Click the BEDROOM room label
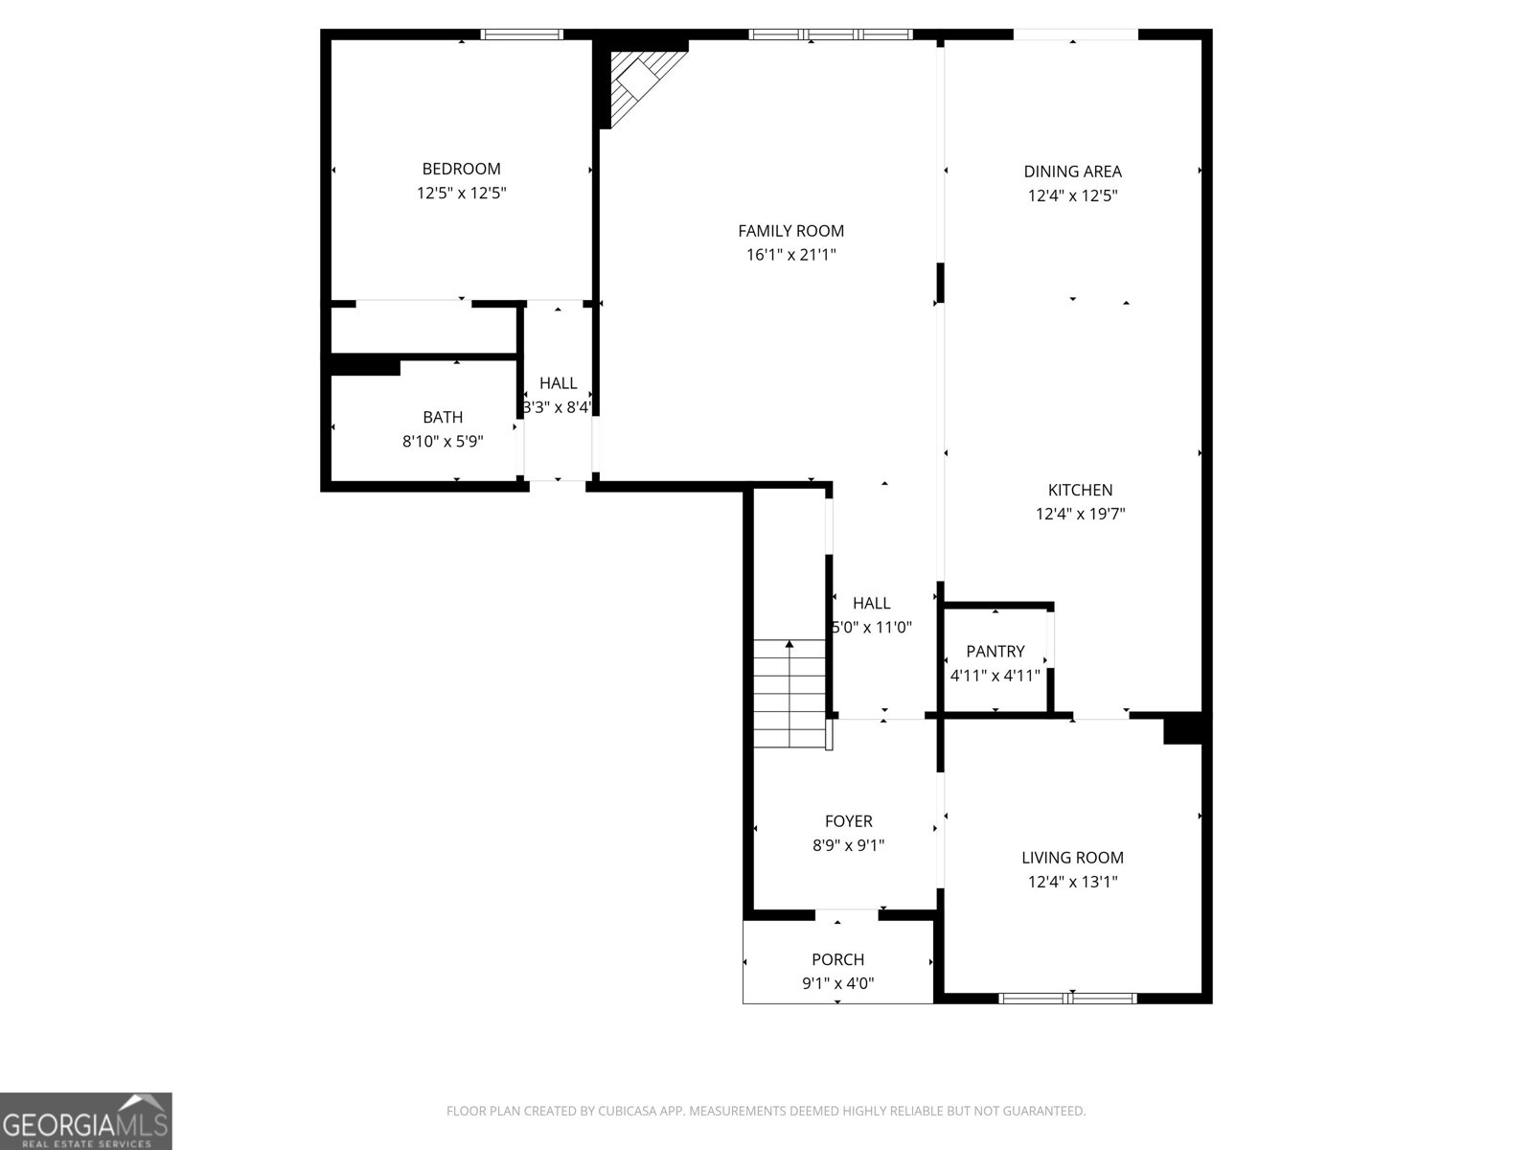(461, 169)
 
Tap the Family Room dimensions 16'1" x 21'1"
(790, 255)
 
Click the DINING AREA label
(1072, 172)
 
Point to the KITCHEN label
(1080, 490)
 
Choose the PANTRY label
(995, 651)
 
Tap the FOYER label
(848, 821)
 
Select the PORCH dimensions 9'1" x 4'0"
(837, 983)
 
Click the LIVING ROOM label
(1072, 858)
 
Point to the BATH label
(443, 417)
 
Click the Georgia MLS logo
(86, 1121)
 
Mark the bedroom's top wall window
(521, 34)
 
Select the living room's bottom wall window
(1067, 999)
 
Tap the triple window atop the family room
(831, 34)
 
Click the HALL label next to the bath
(558, 383)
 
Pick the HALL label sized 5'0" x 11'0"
(871, 603)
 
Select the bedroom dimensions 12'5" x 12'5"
(461, 194)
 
